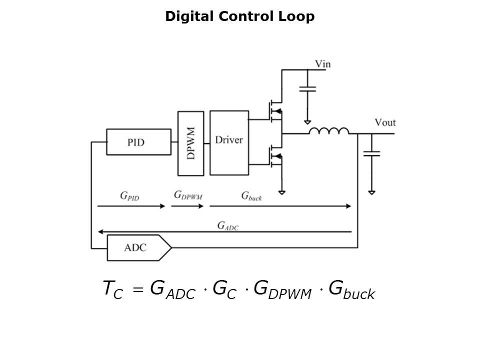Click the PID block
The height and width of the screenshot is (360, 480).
click(x=135, y=142)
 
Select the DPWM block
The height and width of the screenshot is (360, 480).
click(x=190, y=143)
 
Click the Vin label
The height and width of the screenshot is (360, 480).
click(x=322, y=64)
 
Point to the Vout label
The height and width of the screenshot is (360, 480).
click(x=385, y=122)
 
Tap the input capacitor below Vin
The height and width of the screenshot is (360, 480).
click(x=307, y=89)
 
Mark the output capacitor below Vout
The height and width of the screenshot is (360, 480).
click(x=371, y=153)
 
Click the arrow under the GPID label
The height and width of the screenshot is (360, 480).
click(x=130, y=206)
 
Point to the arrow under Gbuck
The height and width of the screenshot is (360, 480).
click(x=280, y=206)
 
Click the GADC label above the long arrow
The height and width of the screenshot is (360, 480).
click(x=227, y=225)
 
